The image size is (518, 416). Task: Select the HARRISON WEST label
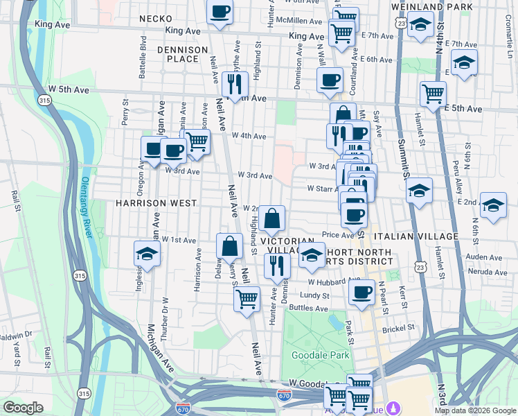[x=156, y=203]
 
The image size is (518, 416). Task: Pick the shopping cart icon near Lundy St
[x=247, y=300]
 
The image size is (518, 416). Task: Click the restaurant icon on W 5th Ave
[x=235, y=83]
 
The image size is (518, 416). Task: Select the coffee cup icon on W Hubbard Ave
[x=361, y=292]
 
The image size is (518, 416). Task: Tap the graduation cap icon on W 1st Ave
[x=147, y=254]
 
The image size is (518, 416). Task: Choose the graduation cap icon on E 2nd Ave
[x=492, y=205]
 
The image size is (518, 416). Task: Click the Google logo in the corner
[x=23, y=408]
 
